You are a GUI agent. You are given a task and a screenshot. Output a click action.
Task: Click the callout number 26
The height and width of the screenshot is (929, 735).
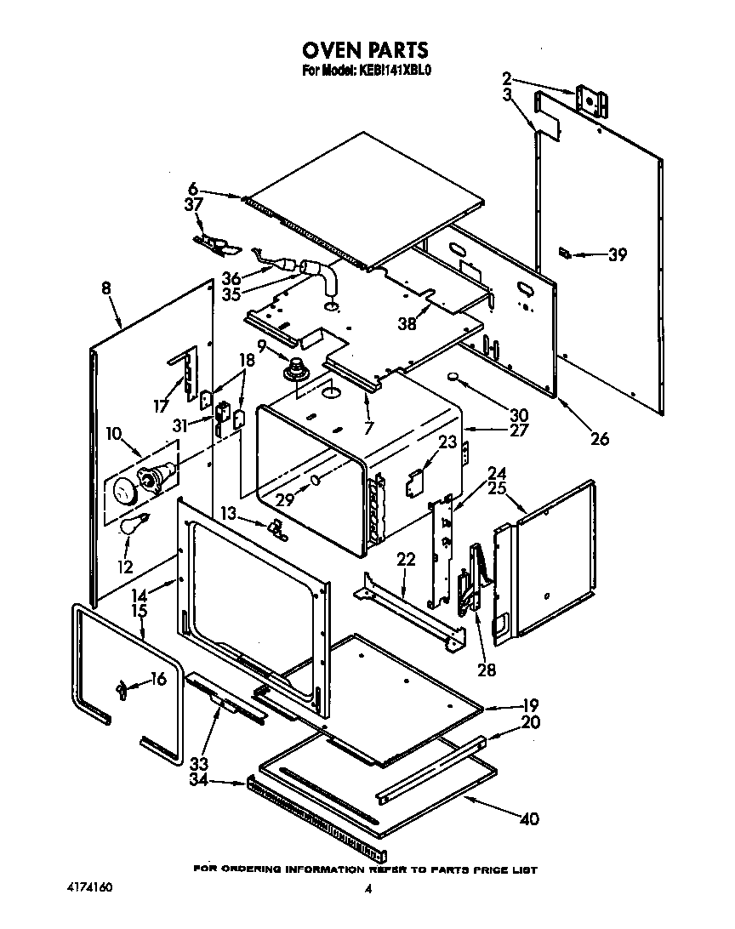pos(601,439)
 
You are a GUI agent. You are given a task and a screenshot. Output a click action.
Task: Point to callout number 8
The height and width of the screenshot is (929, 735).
pos(105,288)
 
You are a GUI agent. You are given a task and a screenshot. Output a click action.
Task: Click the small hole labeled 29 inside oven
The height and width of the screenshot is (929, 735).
pos(316,481)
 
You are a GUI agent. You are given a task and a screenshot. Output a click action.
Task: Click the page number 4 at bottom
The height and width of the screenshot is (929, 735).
pos(368,889)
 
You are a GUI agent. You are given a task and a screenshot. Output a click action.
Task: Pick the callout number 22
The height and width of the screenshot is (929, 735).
pos(406,558)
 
